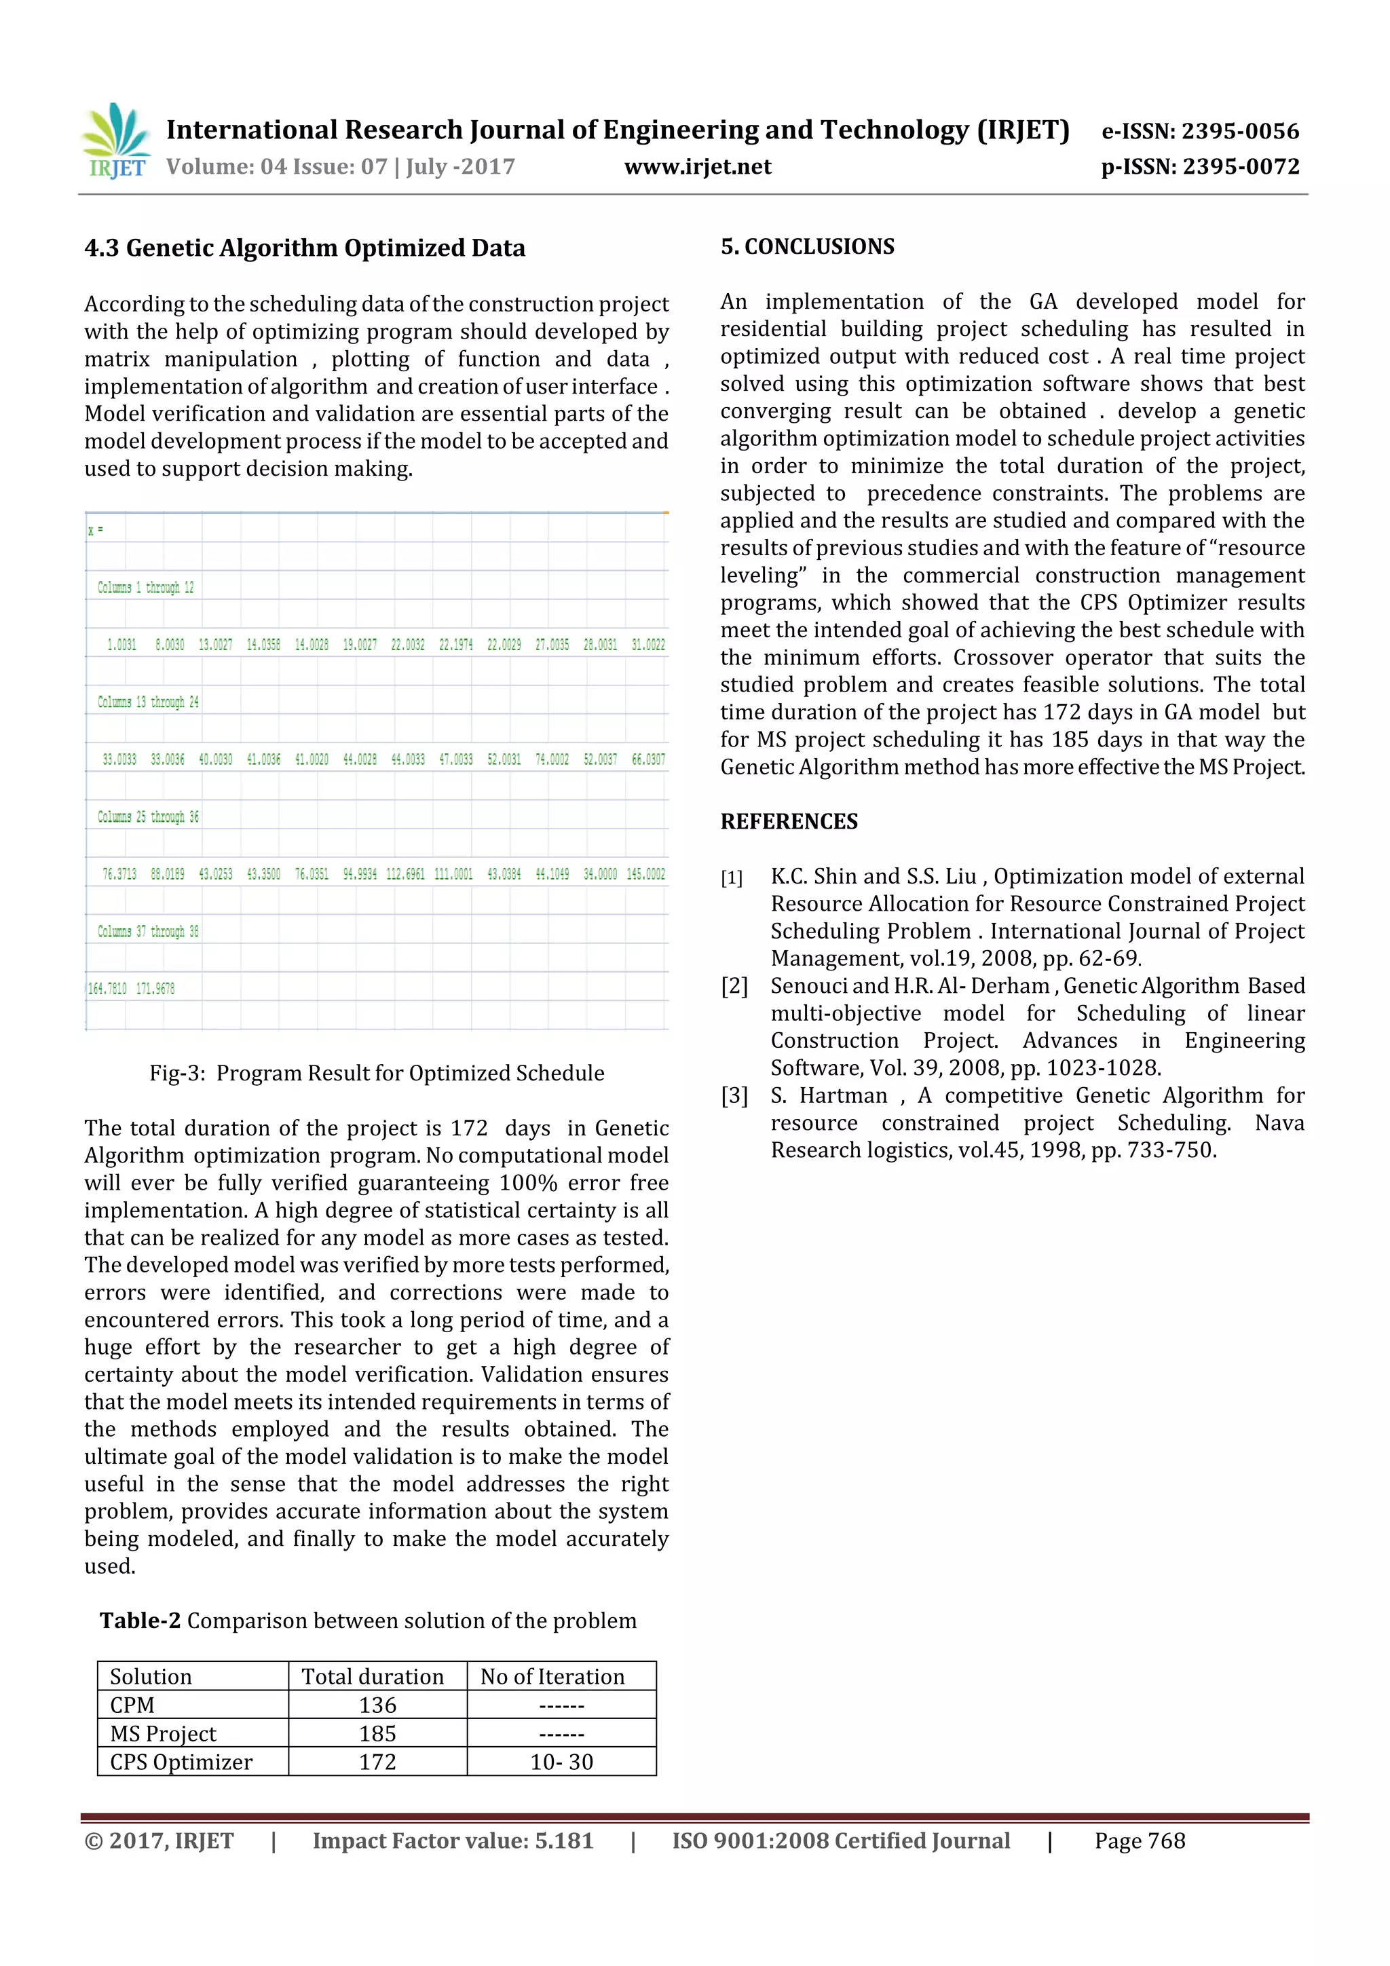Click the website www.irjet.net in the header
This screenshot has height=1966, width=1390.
point(697,167)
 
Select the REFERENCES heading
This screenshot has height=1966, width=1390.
point(789,821)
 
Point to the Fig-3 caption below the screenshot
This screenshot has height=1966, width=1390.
point(377,1073)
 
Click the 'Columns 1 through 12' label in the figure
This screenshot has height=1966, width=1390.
point(146,588)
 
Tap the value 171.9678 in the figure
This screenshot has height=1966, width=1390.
point(155,988)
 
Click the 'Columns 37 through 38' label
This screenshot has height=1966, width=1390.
point(148,931)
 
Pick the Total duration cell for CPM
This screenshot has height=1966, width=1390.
point(377,1705)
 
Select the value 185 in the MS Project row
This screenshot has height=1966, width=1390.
point(377,1733)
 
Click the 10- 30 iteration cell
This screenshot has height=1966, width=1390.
point(562,1762)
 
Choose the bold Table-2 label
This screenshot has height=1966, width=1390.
point(140,1621)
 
